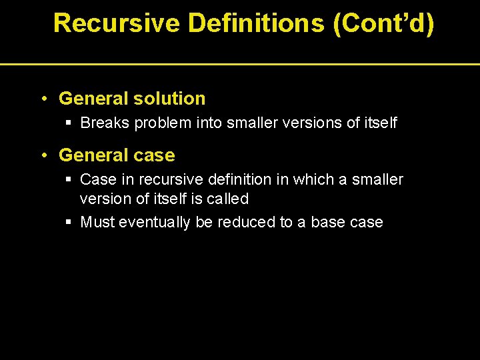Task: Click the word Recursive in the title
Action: click(x=116, y=23)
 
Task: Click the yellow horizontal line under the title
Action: click(x=240, y=64)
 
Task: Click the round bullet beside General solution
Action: click(x=43, y=99)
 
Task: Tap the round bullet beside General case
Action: click(x=43, y=156)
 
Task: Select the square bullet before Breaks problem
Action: click(x=69, y=123)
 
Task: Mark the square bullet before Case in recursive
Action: click(x=69, y=180)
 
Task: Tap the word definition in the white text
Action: click(x=235, y=180)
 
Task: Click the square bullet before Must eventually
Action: click(x=69, y=223)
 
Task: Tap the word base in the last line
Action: click(x=327, y=223)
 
